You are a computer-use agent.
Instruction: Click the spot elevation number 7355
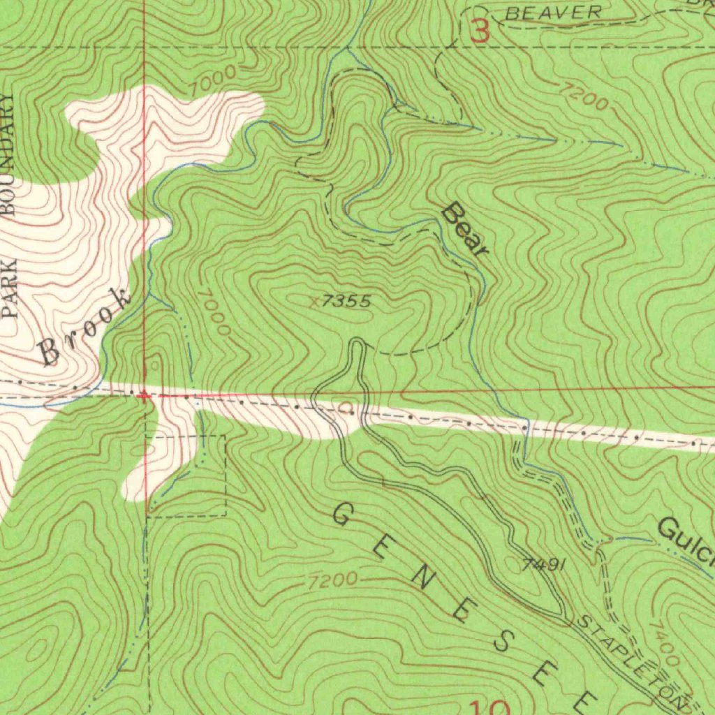pyautogui.click(x=347, y=302)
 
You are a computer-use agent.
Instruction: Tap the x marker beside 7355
pyautogui.click(x=316, y=302)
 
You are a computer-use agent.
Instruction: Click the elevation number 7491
pyautogui.click(x=543, y=565)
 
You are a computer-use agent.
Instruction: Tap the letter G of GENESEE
pyautogui.click(x=341, y=516)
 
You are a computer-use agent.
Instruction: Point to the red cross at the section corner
pyautogui.click(x=143, y=395)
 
